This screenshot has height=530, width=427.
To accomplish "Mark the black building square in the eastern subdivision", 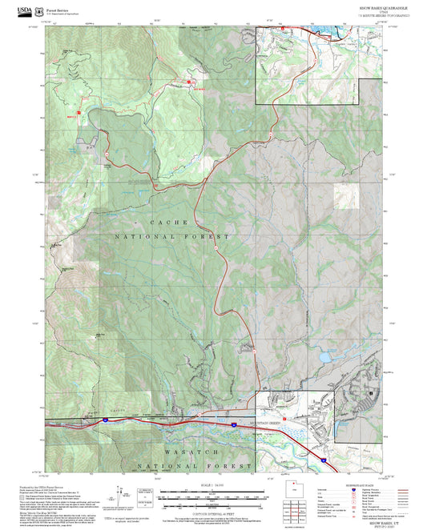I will (371, 394).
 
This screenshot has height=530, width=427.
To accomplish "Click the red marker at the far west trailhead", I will (79, 113).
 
